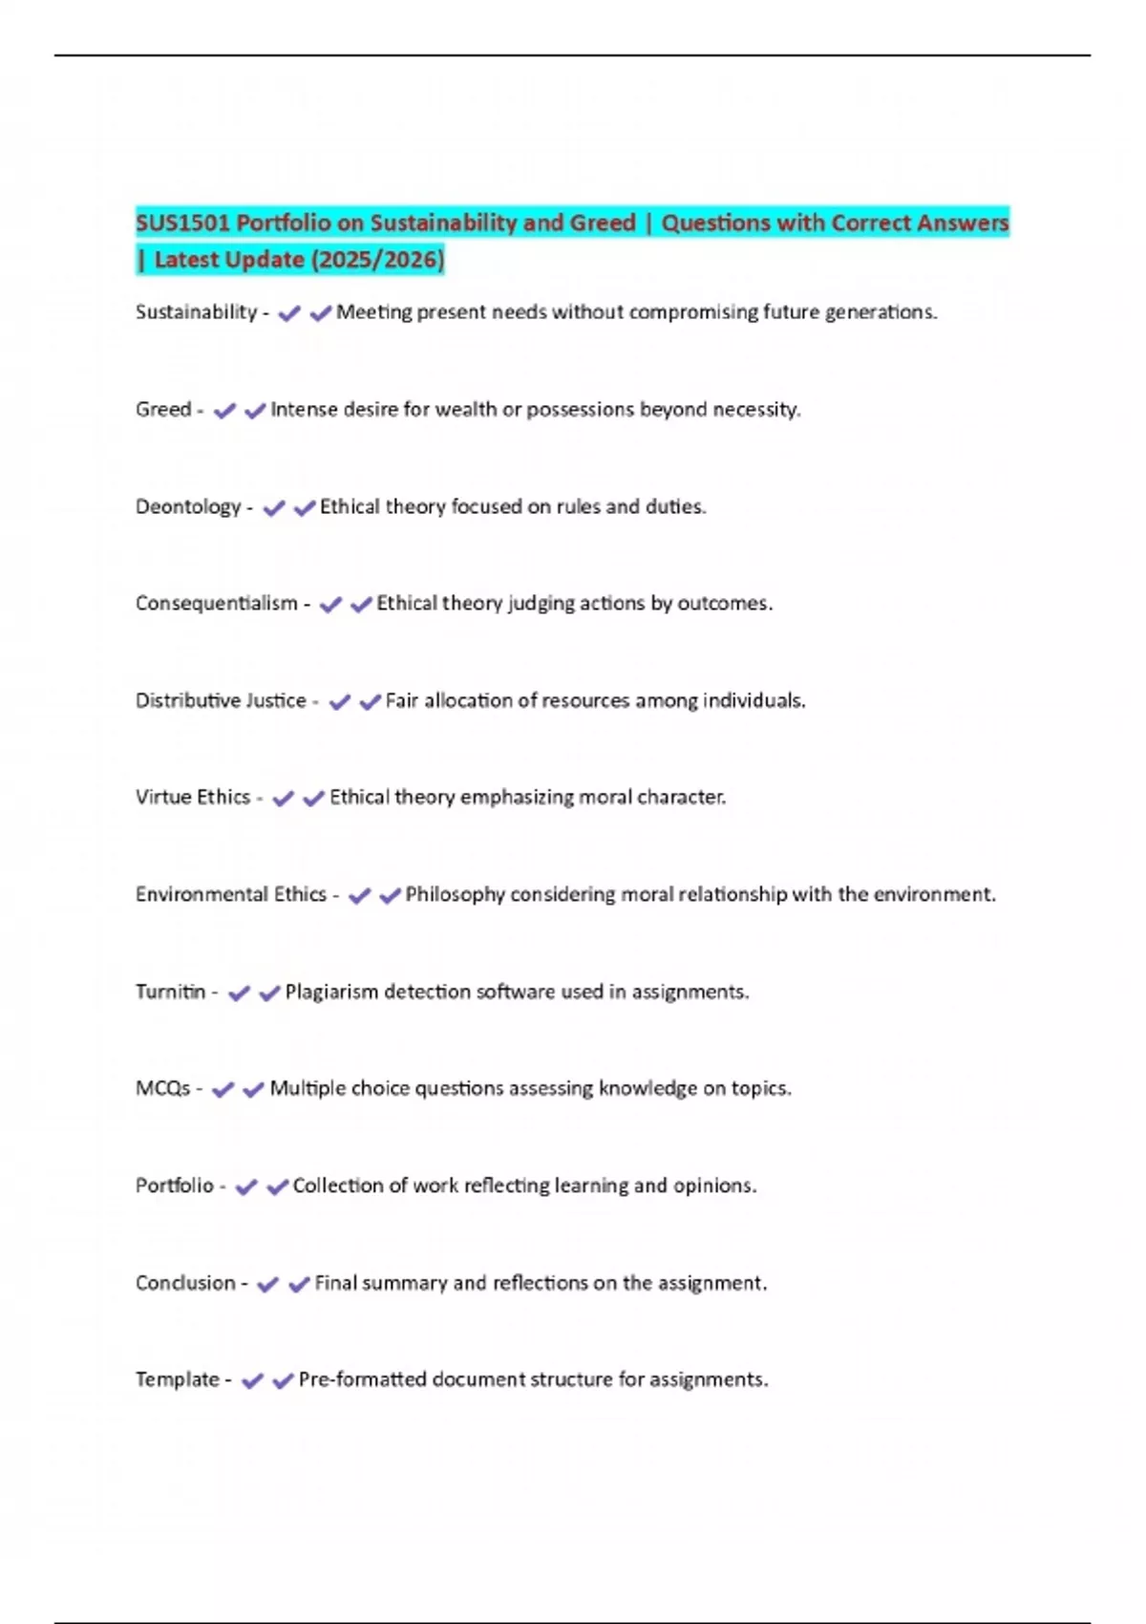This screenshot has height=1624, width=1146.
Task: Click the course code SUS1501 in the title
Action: (182, 224)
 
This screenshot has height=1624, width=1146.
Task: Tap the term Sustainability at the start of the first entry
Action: (196, 312)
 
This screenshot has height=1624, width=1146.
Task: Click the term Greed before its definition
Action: (163, 410)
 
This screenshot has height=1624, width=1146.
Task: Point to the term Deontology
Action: (188, 507)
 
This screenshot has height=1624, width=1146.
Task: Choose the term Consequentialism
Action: (217, 604)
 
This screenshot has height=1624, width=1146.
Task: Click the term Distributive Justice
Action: (221, 701)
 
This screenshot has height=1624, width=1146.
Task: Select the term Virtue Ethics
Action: (193, 798)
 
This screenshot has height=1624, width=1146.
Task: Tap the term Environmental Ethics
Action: (231, 895)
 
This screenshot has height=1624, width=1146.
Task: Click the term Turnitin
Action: (171, 992)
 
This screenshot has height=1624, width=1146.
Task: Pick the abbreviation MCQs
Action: (163, 1089)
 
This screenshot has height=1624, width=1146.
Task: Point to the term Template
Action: (178, 1379)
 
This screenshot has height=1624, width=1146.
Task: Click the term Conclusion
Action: (185, 1283)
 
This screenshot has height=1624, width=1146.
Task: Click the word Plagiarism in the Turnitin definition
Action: (331, 993)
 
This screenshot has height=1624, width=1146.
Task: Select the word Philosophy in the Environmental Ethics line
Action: (455, 895)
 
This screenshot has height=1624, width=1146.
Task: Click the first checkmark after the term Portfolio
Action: (246, 1187)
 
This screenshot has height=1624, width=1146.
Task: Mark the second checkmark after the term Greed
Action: (255, 411)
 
